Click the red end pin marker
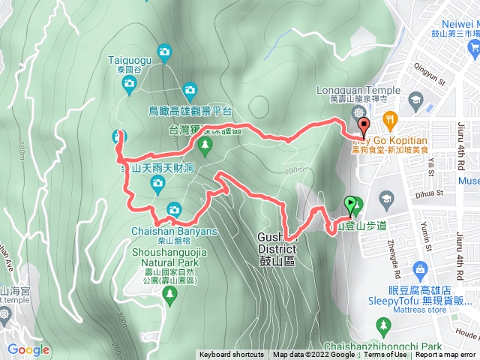click(364, 126)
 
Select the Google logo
click(28, 349)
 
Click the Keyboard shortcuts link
click(231, 355)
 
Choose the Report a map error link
click(445, 355)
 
